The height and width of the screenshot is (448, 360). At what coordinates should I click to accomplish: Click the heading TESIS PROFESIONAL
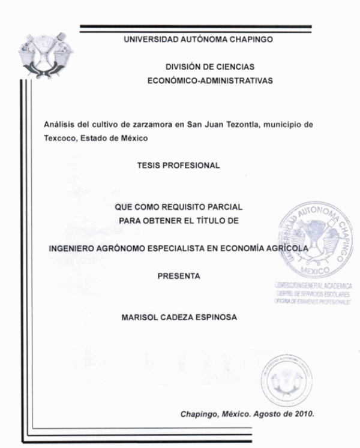click(x=179, y=164)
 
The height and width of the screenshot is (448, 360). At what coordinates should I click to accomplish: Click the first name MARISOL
click(x=142, y=318)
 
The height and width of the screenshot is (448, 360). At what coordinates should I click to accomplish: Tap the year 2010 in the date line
click(x=303, y=414)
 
